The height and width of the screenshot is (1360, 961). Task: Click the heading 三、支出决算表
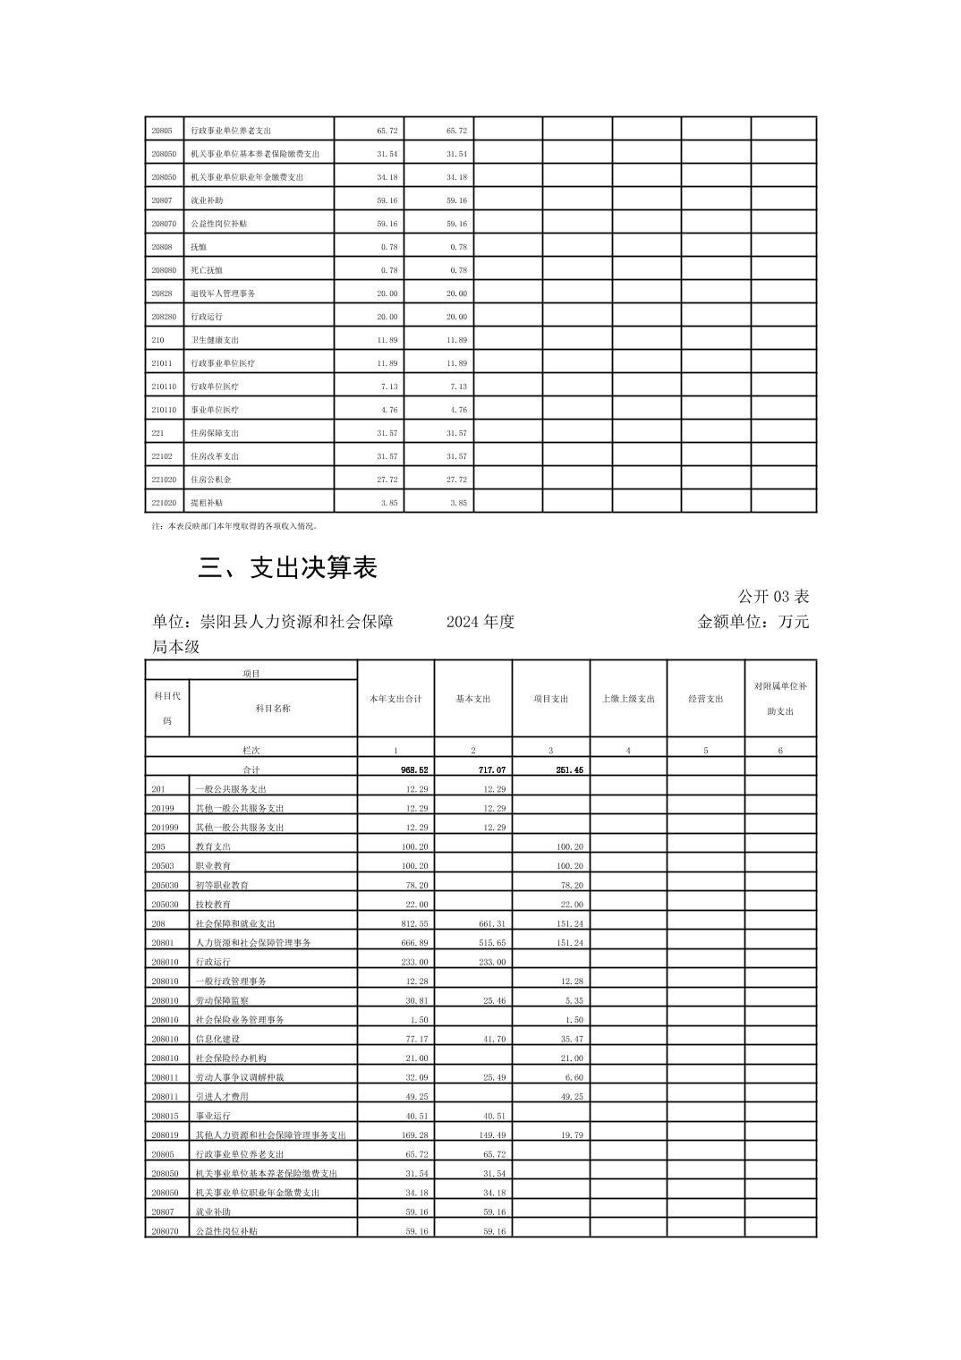[287, 567]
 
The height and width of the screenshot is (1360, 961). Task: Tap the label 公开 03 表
[773, 596]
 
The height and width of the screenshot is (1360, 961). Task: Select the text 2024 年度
[480, 622]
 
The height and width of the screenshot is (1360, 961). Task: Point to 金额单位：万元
[753, 622]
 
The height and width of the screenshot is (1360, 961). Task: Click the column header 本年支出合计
[395, 699]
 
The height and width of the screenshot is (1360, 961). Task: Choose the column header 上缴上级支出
[628, 699]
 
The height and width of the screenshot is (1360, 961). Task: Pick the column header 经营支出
[705, 699]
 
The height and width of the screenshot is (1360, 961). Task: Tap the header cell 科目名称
[273, 708]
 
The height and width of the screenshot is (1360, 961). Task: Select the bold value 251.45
[569, 769]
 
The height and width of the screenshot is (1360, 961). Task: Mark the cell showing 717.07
[491, 769]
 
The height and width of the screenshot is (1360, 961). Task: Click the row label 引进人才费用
[222, 1096]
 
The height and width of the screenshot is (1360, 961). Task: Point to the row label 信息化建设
[218, 1039]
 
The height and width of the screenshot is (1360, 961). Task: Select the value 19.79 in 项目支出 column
[570, 1135]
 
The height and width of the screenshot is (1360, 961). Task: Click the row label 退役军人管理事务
[223, 293]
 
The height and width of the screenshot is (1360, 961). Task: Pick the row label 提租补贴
[207, 503]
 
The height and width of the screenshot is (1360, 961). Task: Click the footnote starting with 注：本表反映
[235, 527]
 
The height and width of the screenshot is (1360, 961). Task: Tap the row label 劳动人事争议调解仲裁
[234, 1077]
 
